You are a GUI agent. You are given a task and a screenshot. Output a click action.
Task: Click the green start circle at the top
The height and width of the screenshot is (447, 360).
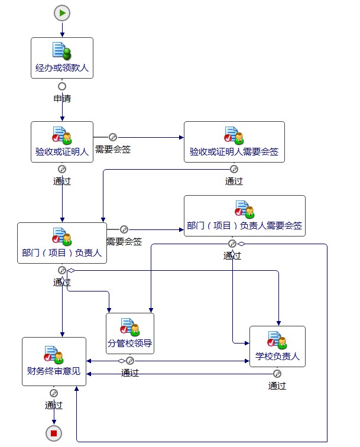pyautogui.click(x=62, y=12)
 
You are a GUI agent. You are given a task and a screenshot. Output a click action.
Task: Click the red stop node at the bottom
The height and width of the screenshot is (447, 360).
pyautogui.click(x=54, y=433)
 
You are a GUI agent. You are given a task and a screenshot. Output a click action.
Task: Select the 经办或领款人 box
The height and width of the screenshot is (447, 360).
pyautogui.click(x=62, y=58)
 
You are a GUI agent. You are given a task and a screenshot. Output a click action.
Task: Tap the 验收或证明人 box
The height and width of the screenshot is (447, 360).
pyautogui.click(x=62, y=142)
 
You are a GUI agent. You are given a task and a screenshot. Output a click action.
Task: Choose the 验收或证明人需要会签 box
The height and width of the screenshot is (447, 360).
pyautogui.click(x=234, y=142)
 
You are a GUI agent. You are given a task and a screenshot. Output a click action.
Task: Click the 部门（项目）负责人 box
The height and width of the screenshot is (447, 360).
pyautogui.click(x=62, y=243)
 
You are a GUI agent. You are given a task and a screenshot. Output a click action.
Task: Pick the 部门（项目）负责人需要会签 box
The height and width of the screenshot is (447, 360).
pyautogui.click(x=244, y=216)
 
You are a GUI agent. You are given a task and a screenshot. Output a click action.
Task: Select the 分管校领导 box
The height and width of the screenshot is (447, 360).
pyautogui.click(x=130, y=333)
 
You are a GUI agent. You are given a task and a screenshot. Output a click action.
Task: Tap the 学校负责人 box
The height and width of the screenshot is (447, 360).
pyautogui.click(x=277, y=346)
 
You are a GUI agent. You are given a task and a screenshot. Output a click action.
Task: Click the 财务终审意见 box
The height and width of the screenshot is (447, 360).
pyautogui.click(x=54, y=361)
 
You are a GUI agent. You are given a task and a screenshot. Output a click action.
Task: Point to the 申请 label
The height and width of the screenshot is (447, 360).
pyautogui.click(x=62, y=99)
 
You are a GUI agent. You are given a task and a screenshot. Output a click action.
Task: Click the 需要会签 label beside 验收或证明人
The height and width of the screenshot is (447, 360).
pyautogui.click(x=113, y=149)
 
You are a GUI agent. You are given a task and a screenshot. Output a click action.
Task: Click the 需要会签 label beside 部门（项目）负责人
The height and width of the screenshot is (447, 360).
pyautogui.click(x=124, y=241)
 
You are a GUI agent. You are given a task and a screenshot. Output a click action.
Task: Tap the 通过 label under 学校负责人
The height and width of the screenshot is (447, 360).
pyautogui.click(x=277, y=386)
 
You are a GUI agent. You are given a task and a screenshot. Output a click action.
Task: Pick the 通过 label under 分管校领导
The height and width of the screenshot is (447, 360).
pyautogui.click(x=130, y=372)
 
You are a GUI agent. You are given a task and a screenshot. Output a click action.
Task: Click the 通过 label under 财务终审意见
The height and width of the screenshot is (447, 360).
pyautogui.click(x=54, y=405)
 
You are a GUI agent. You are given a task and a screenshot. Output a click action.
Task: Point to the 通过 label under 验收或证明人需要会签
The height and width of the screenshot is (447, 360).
pyautogui.click(x=234, y=181)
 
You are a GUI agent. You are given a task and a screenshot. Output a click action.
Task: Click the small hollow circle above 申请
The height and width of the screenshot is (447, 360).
pyautogui.click(x=62, y=86)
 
